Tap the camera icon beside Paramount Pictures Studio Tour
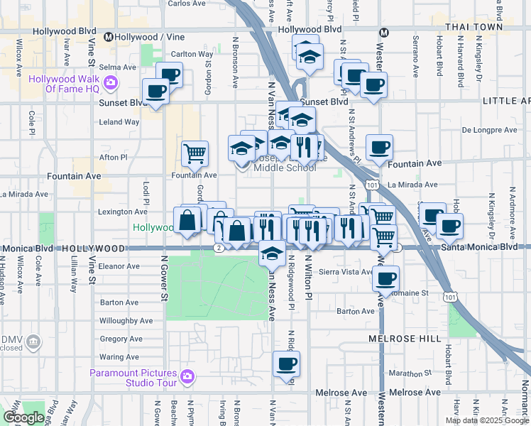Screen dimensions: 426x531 (x=187, y=376)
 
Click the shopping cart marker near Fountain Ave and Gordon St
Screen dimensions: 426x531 (x=195, y=152)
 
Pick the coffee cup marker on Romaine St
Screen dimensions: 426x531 (x=386, y=278)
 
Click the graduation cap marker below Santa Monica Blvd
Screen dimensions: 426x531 (x=272, y=252)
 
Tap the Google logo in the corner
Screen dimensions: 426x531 (x=23, y=417)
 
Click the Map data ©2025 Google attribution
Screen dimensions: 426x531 (x=486, y=420)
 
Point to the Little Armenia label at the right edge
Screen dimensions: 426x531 (x=506, y=102)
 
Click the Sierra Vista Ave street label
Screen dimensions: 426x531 (x=346, y=271)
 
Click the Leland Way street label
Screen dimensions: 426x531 (x=119, y=122)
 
